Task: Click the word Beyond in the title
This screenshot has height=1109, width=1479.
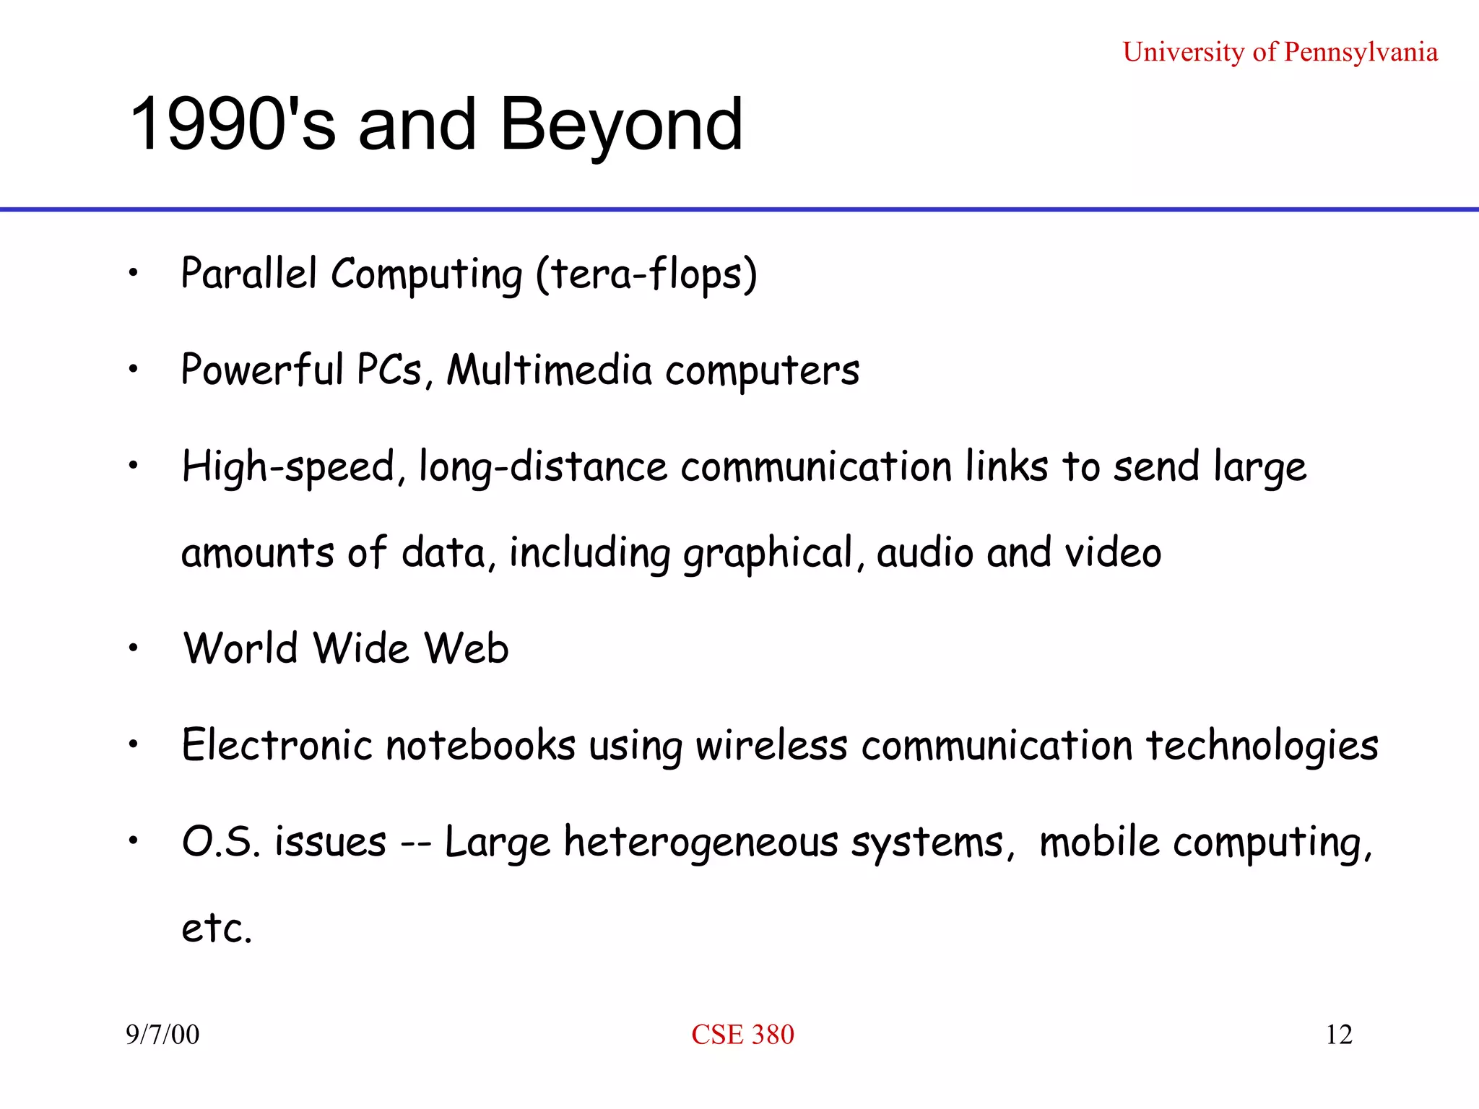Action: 621,124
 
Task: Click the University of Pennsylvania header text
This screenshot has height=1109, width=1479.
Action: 1280,52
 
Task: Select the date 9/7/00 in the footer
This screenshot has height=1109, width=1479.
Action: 162,1035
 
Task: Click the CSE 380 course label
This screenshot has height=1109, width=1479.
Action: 742,1035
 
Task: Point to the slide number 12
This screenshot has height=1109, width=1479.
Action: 1338,1035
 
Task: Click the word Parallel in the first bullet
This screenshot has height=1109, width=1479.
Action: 249,274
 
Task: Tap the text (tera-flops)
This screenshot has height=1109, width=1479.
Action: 646,275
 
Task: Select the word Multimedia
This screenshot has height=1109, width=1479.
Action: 550,370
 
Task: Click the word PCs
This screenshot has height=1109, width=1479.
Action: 390,370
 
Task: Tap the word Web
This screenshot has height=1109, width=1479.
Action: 467,648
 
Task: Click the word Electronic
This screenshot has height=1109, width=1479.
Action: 277,745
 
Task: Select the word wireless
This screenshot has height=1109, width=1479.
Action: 771,745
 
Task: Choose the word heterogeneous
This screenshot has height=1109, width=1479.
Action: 701,843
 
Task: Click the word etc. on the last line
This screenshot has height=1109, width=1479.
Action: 217,928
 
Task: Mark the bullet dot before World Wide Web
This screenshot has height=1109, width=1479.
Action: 133,648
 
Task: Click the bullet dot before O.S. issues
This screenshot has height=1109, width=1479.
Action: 133,840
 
